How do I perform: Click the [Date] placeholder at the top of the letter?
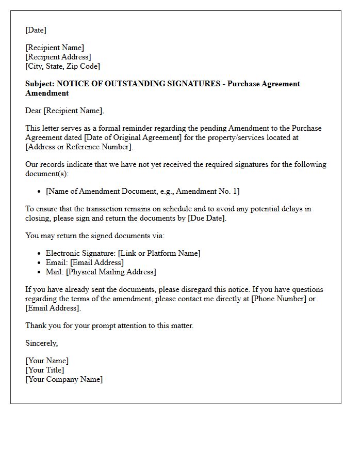pos(36,30)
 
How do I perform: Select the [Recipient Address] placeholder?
pos(58,57)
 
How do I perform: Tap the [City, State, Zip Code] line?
pos(62,66)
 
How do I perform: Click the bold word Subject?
pos(40,84)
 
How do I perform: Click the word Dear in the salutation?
pos(33,111)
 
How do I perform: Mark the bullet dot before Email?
pos(40,263)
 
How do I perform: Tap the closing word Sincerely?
pos(42,343)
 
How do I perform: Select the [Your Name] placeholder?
pos(47,361)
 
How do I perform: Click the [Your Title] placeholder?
pos(45,370)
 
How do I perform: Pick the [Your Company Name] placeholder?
pos(64,379)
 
